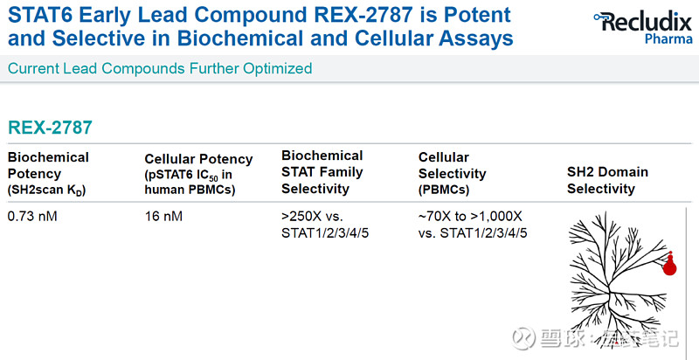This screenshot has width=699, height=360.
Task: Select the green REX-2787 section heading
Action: (50, 128)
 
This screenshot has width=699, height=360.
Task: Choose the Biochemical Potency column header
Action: (48, 164)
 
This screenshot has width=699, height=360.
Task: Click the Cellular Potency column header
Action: (198, 159)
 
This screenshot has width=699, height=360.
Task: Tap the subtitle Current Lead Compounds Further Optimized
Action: (159, 68)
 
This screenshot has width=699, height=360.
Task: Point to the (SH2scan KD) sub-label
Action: (47, 190)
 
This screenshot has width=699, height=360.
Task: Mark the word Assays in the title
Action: (478, 39)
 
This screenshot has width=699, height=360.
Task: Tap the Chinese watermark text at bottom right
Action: (603, 337)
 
